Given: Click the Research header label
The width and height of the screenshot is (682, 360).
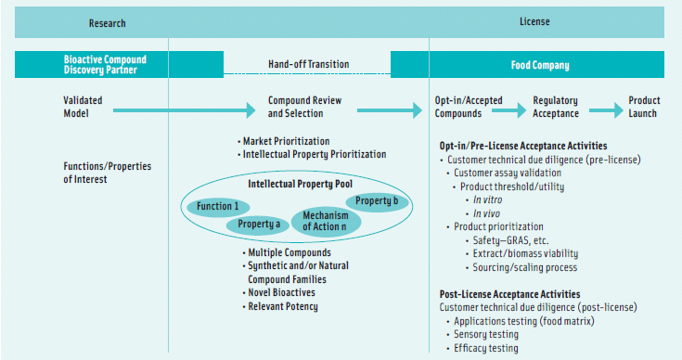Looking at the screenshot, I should [x=107, y=23].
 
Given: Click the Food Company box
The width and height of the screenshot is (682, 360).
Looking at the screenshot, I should [x=539, y=65].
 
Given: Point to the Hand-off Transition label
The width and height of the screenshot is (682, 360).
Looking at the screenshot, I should [x=309, y=65].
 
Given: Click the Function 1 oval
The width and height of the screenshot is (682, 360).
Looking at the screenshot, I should [x=218, y=206].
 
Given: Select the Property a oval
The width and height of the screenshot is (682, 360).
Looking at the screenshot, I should [x=258, y=224].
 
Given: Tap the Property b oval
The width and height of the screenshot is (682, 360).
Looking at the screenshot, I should [x=377, y=201].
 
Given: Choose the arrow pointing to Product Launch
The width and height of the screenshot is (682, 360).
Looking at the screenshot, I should [x=605, y=109].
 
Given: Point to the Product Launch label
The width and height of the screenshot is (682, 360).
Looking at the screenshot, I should [x=644, y=107].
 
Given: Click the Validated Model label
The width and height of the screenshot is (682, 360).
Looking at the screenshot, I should [x=84, y=107].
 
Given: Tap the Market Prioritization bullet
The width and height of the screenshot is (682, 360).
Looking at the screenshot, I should [x=283, y=140].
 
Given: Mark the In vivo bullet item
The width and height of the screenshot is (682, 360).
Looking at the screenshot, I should [x=489, y=212].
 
